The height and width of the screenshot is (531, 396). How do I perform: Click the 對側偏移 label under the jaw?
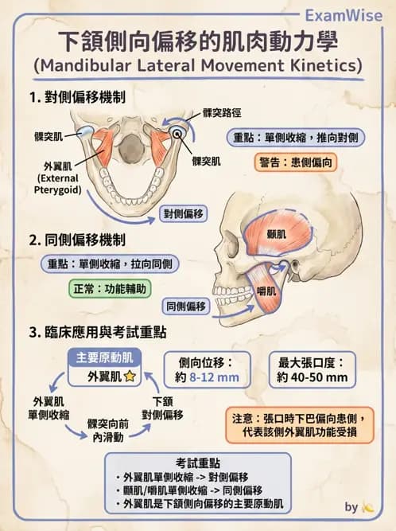coord(184,213)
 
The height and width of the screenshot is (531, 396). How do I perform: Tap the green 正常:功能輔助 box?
coord(106,289)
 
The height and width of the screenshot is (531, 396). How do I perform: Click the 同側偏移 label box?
coord(185,305)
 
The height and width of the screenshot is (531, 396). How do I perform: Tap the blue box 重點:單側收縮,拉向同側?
coord(108,264)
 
